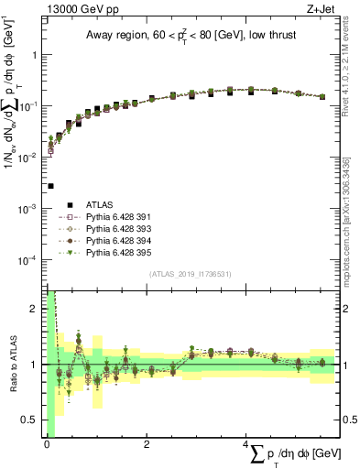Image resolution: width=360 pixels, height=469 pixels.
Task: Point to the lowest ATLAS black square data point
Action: pos(50,186)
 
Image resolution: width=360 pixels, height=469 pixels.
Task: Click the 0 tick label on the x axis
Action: pos(46,443)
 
